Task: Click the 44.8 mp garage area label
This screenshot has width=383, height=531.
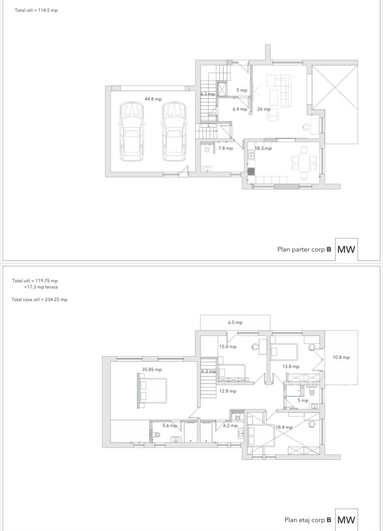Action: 153,99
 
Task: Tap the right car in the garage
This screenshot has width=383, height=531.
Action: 174,131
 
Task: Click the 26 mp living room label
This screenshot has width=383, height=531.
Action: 264,109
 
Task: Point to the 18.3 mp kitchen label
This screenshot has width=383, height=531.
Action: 263,148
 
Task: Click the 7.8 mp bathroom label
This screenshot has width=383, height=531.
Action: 225,148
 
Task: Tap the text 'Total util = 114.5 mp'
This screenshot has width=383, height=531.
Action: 36,10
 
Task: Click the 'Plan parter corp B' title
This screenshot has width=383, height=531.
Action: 304,250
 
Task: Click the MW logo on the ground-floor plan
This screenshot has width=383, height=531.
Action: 346,250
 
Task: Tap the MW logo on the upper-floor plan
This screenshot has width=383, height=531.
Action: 346,520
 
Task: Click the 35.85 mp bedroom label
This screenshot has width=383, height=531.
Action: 152,369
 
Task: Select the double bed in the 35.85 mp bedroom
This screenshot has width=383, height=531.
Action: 152,390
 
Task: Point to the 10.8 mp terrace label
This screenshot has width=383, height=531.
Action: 341,357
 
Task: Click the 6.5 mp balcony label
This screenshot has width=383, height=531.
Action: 235,323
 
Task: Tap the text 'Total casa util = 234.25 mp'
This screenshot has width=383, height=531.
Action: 39,299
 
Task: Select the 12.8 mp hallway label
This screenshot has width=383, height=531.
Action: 228,391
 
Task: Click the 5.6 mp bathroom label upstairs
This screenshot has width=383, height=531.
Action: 169,425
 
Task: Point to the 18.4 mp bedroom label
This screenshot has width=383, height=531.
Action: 284,427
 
